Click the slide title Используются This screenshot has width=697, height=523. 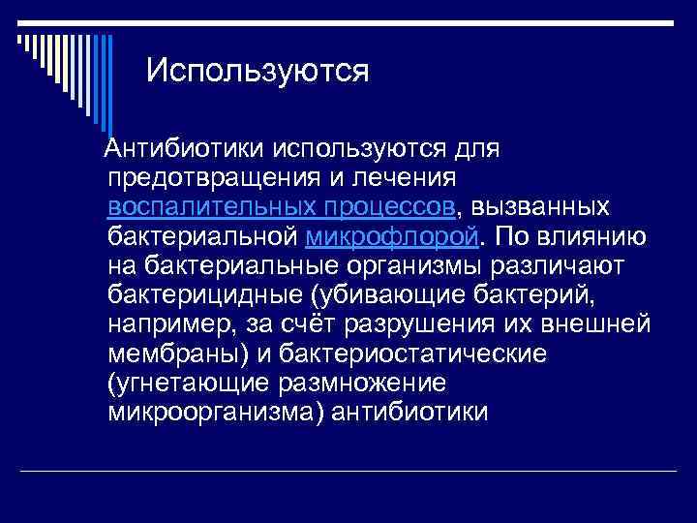[258, 71]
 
